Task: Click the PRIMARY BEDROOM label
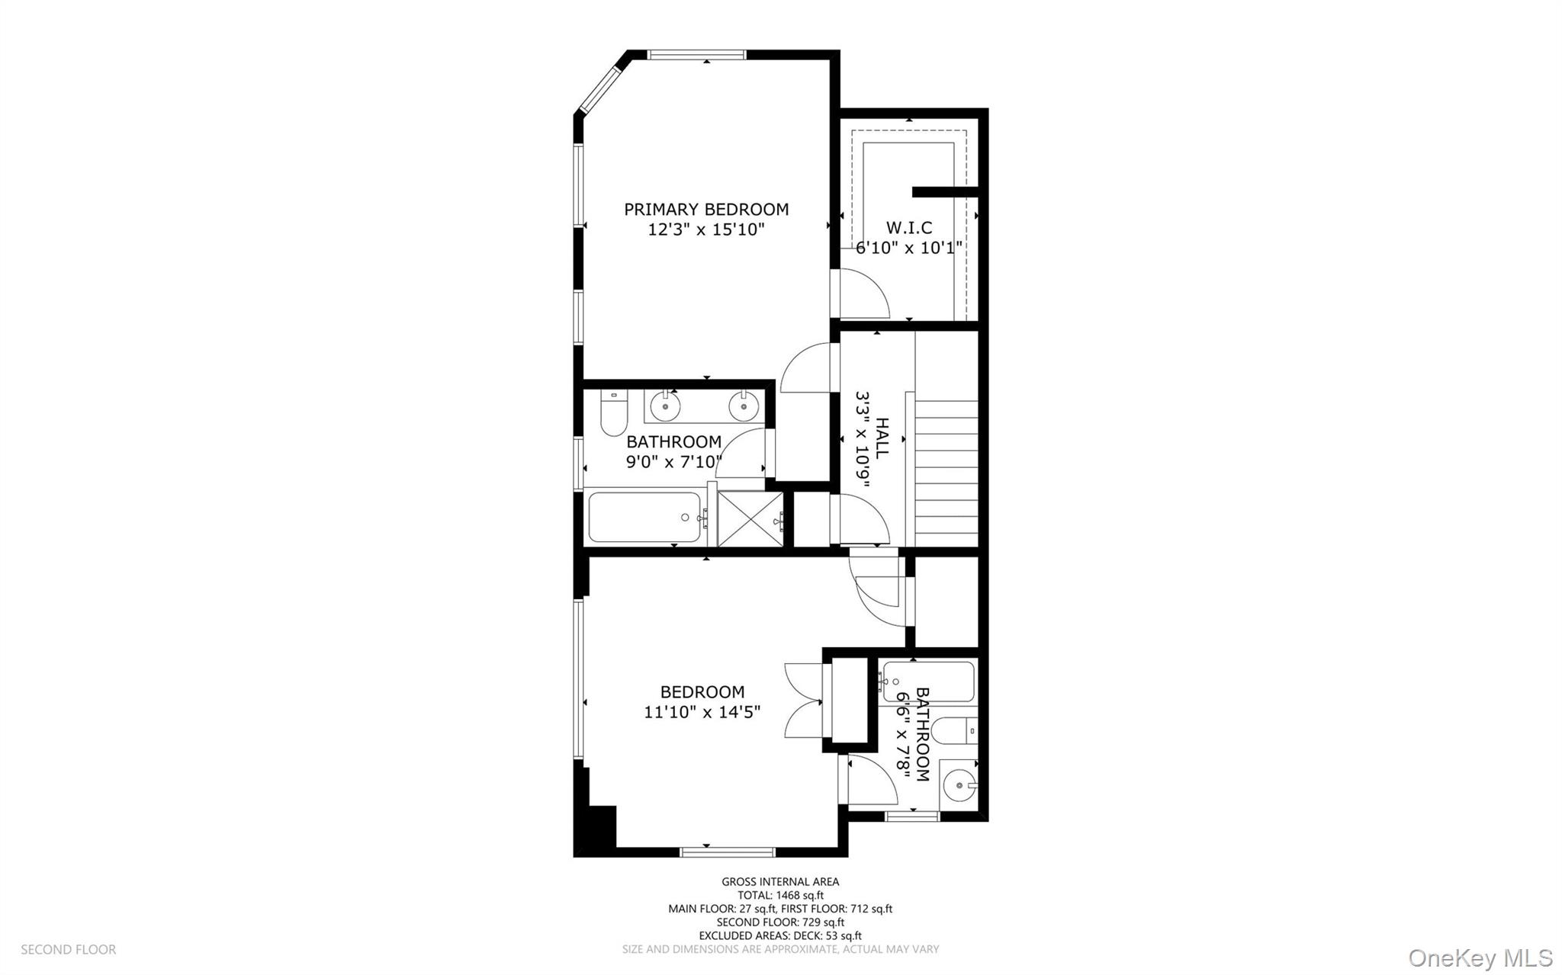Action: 706,209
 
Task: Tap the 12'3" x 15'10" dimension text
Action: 706,229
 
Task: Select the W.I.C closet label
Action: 909,227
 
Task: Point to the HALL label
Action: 882,438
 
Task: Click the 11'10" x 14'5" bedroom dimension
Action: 702,712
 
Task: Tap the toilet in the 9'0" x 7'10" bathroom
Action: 612,413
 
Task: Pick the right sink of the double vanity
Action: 743,406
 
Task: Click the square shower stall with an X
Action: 750,519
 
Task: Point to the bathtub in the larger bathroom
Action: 644,518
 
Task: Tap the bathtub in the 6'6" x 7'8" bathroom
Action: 927,682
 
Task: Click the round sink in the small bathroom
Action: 958,784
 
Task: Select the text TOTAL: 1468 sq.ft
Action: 780,895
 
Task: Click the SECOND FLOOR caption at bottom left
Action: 68,949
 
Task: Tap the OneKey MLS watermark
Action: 1480,957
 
